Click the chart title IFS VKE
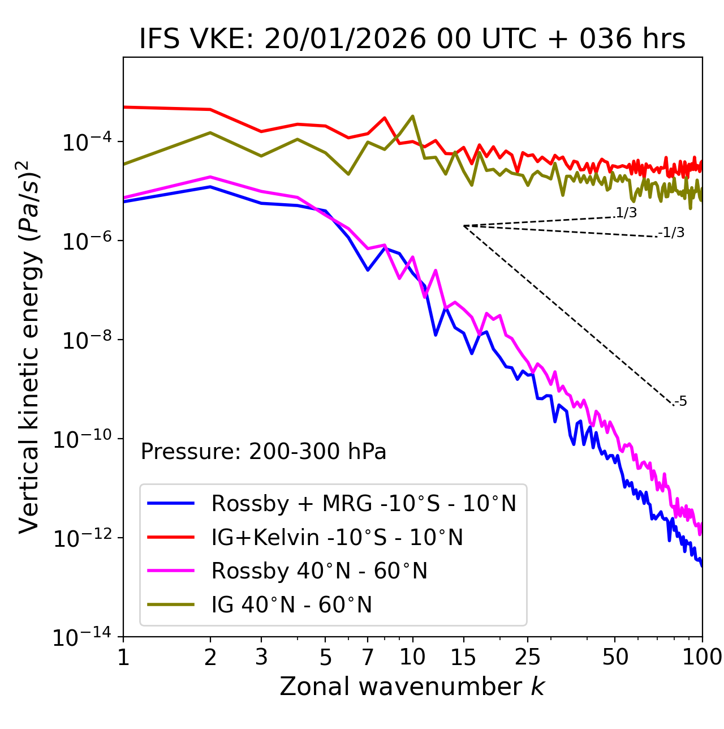[412, 40]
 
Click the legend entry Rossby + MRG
[363, 503]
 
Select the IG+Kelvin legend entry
[337, 537]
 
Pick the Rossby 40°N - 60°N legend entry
[319, 571]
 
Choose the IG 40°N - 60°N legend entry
[291, 605]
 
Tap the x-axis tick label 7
[368, 657]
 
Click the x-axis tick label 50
[615, 657]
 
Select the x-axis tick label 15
[463, 657]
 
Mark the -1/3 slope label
[671, 233]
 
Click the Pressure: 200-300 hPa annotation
[263, 452]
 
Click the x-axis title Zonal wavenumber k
[412, 687]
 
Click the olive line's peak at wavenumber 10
[412, 116]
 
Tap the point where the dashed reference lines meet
[463, 226]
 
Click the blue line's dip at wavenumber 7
[368, 270]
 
